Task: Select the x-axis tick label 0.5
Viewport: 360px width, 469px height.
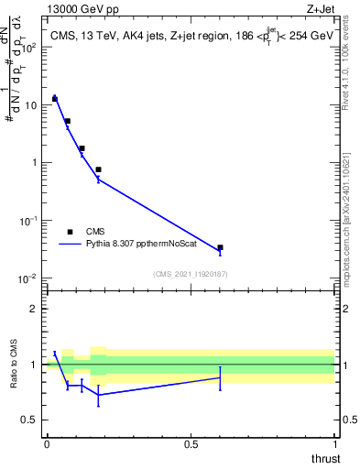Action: click(191, 444)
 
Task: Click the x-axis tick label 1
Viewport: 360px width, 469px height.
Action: click(335, 444)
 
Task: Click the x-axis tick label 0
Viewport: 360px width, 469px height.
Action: click(47, 444)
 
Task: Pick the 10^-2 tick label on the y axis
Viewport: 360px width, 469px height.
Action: click(30, 278)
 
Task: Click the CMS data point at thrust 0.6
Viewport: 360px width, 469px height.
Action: click(220, 247)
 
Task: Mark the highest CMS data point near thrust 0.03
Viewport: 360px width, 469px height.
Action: click(55, 98)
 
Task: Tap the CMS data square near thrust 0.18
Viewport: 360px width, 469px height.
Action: click(98, 169)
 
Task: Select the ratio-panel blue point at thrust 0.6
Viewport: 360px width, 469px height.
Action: click(220, 377)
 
